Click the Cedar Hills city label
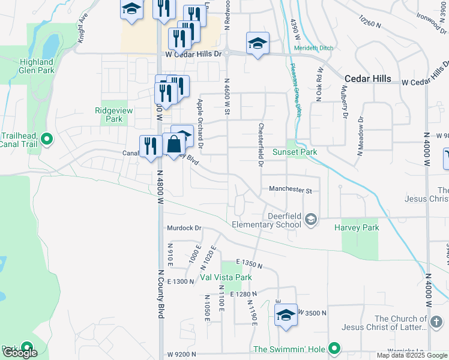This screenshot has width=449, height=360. (x=368, y=79)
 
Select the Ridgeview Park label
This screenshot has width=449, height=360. (x=109, y=115)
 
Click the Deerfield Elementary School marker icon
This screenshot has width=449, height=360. (x=311, y=220)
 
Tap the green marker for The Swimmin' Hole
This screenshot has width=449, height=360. (x=335, y=349)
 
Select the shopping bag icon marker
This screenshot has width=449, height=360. (x=173, y=145)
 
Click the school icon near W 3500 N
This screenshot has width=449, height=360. (x=286, y=315)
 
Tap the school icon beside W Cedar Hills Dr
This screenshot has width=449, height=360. (x=257, y=44)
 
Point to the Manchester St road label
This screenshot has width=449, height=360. (x=291, y=190)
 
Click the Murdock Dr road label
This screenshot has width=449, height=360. (x=184, y=228)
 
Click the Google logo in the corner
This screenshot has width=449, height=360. (x=20, y=353)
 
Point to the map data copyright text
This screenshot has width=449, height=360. (x=411, y=355)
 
